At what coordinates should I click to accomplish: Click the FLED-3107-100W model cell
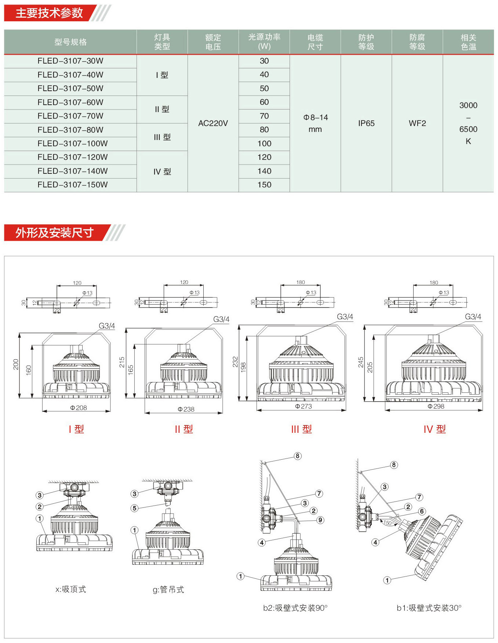pyautogui.click(x=73, y=144)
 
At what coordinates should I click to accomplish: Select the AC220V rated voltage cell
pyautogui.click(x=213, y=123)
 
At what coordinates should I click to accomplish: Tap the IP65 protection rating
pyautogui.click(x=366, y=123)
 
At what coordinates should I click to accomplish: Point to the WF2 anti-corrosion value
pyautogui.click(x=417, y=123)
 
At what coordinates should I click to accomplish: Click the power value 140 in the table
pyautogui.click(x=264, y=171)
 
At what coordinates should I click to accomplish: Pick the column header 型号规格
pyautogui.click(x=70, y=42)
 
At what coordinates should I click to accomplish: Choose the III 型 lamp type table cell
pyautogui.click(x=162, y=137)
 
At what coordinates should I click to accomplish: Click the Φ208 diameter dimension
pyautogui.click(x=79, y=408)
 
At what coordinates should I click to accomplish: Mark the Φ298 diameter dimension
pyautogui.click(x=436, y=406)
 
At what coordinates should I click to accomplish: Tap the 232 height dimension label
pyautogui.click(x=236, y=362)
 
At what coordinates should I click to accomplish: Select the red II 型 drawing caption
pyautogui.click(x=184, y=429)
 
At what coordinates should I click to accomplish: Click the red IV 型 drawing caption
pyautogui.click(x=435, y=429)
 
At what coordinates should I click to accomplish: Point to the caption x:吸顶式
pyautogui.click(x=70, y=589)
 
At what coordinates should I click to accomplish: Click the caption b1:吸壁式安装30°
pyautogui.click(x=429, y=608)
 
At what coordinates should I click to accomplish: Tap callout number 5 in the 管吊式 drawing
pyautogui.click(x=134, y=508)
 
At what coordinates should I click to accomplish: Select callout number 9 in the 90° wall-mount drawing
pyautogui.click(x=320, y=520)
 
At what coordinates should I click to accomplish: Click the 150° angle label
pyautogui.click(x=388, y=523)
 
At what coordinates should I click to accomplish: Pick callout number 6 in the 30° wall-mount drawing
pyautogui.click(x=422, y=511)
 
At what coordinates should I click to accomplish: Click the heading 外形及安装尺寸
pyautogui.click(x=54, y=233)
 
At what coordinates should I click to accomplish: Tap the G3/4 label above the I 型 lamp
pyautogui.click(x=107, y=326)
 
